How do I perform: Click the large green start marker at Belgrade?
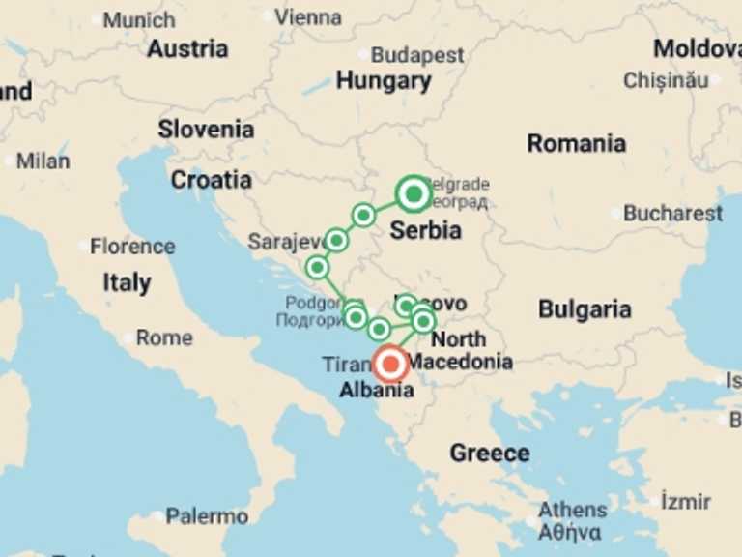(x=414, y=194)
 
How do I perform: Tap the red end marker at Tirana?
(x=391, y=365)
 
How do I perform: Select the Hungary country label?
(x=384, y=80)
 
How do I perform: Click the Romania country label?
(x=576, y=143)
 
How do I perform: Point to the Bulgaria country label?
(x=585, y=309)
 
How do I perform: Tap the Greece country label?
(x=489, y=453)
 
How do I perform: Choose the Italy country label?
(x=127, y=282)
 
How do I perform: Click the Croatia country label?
(x=212, y=180)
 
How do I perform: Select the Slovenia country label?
(x=206, y=130)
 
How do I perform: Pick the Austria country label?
(x=187, y=48)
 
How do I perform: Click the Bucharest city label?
(x=672, y=213)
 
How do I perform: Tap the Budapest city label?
(x=417, y=55)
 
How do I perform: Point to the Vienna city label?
(x=307, y=16)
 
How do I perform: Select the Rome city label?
(x=164, y=338)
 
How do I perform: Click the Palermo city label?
(x=207, y=516)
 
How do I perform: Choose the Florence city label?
(x=132, y=247)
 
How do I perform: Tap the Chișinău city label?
(x=666, y=80)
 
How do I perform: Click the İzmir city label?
(x=686, y=501)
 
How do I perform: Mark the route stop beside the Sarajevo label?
(x=335, y=240)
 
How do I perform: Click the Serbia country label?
(x=425, y=231)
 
